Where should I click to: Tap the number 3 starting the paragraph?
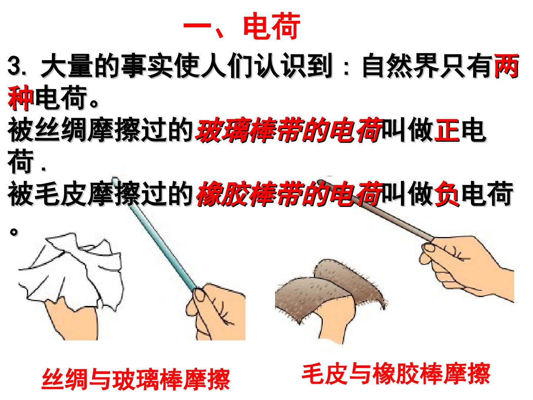tap(14, 66)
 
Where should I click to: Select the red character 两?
tap(506, 66)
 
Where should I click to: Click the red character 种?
tap(20, 98)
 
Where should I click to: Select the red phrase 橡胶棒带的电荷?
tap(289, 194)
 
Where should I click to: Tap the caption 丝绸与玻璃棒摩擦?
tap(136, 379)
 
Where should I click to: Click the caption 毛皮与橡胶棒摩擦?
tap(396, 374)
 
